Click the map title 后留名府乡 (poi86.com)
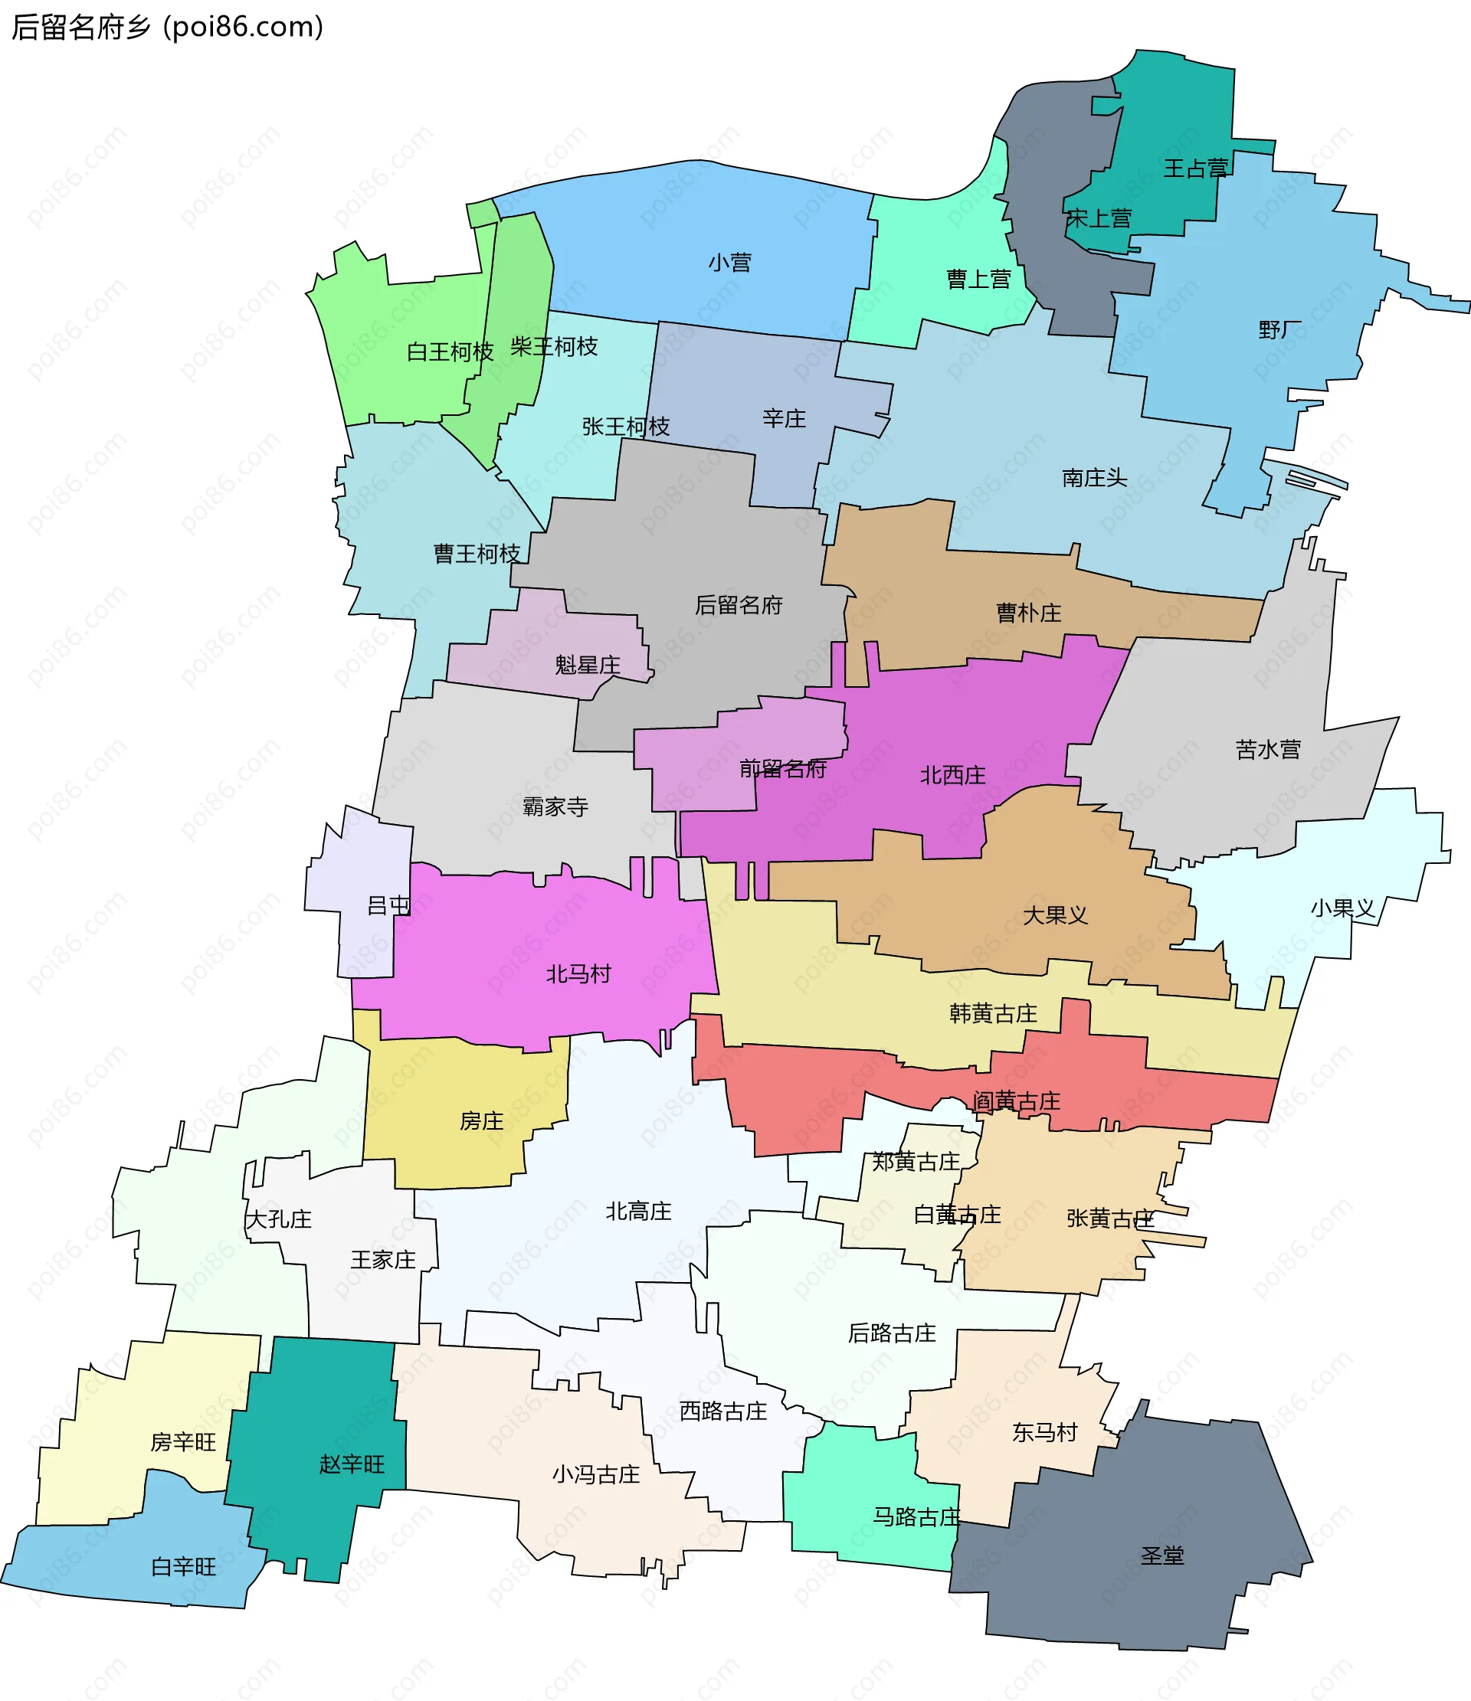pos(168,27)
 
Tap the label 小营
pos(729,263)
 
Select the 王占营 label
pos(1195,168)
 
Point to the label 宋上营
pos(1098,218)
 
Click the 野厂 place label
pos(1279,330)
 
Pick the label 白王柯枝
pos(449,352)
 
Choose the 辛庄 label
pos(784,419)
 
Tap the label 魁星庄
pos(587,665)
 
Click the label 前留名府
pos(782,768)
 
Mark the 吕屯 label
pos(388,905)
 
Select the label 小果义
pos(1342,908)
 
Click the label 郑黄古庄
pos(915,1162)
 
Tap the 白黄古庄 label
pos(957,1214)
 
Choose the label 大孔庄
pos(278,1219)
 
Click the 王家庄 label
pos(383,1259)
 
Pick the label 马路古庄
pos(916,1516)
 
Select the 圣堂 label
pos(1162,1555)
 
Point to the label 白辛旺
pos(183,1566)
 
